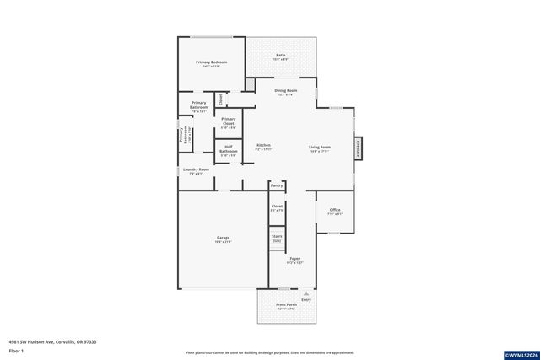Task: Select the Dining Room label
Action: click(x=286, y=90)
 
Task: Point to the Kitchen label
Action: click(x=263, y=146)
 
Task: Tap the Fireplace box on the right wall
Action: click(x=358, y=148)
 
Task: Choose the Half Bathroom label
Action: click(x=228, y=151)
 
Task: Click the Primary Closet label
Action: click(x=228, y=122)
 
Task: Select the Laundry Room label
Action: click(x=196, y=169)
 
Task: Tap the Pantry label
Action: click(x=277, y=185)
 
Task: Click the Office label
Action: click(x=335, y=210)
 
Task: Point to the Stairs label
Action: click(x=277, y=238)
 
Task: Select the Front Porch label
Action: click(x=287, y=304)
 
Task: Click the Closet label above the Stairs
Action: click(x=277, y=205)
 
